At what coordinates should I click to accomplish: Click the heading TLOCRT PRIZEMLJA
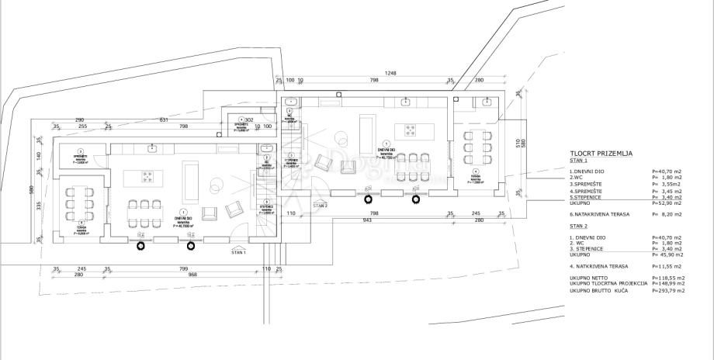point(601,154)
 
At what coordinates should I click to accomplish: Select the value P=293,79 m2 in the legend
point(669,290)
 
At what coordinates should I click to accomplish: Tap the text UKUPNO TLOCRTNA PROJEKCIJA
point(608,284)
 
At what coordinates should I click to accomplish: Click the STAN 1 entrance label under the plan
point(239,252)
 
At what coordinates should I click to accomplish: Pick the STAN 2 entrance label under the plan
point(321,206)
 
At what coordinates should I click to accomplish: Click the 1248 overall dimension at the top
point(390,73)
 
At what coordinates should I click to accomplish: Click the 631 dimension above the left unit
point(164,119)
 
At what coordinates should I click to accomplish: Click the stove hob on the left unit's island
point(147,177)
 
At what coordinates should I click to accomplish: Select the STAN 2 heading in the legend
point(579,226)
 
